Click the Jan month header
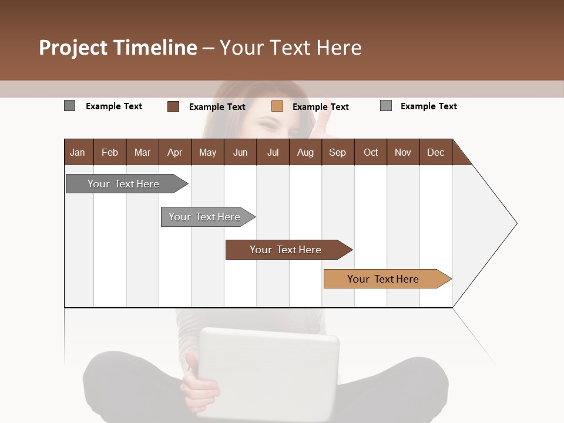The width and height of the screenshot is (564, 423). coord(78,152)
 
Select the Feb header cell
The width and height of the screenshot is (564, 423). coord(110,152)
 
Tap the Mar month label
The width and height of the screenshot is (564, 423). coord(142,152)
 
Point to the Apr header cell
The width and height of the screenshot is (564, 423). coord(174,152)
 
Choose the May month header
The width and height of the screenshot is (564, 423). coord(207,152)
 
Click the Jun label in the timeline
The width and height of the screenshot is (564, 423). coord(240,152)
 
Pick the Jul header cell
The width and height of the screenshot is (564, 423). coord(273,152)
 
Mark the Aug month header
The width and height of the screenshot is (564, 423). coord(305,152)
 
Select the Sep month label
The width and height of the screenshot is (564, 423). coord(337,152)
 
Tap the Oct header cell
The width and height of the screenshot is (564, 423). coord(371,152)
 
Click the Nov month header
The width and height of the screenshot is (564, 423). coord(403,152)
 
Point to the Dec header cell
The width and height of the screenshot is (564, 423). coord(435,152)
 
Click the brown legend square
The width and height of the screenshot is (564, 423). coord(173,106)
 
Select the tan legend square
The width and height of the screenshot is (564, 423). coord(277,106)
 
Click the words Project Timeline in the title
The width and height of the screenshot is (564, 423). coord(117,48)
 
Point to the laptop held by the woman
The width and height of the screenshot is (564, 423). coord(269,370)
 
